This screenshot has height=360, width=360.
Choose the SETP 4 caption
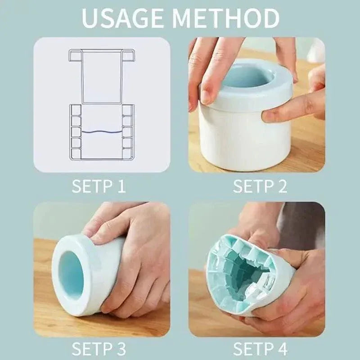point(260,349)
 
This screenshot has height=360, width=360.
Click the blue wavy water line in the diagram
point(102,132)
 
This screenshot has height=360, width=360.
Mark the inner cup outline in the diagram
point(102,76)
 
